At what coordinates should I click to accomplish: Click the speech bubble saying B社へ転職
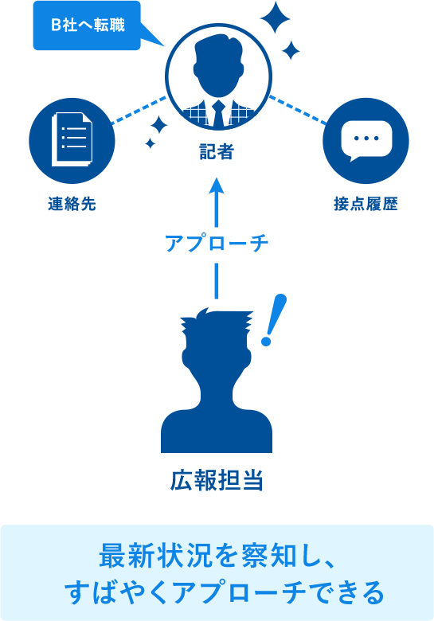87,25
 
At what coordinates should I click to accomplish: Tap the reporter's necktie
218,113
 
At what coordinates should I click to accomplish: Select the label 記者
217,152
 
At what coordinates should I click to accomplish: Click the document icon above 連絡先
72,139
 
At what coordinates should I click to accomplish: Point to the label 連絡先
72,204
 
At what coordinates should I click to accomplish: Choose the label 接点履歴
366,204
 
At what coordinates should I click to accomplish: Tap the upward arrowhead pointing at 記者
217,186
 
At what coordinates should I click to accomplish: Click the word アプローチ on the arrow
217,243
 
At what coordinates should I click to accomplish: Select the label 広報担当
217,480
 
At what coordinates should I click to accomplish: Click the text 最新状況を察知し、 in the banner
217,556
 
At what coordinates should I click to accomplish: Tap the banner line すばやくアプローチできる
224,592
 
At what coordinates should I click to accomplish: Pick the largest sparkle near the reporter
275,18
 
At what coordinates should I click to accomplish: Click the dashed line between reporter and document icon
139,111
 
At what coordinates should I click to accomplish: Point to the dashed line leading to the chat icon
298,110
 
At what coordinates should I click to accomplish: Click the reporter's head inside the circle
218,68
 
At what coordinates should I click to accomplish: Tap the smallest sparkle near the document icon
150,143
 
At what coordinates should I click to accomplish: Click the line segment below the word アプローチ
217,281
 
